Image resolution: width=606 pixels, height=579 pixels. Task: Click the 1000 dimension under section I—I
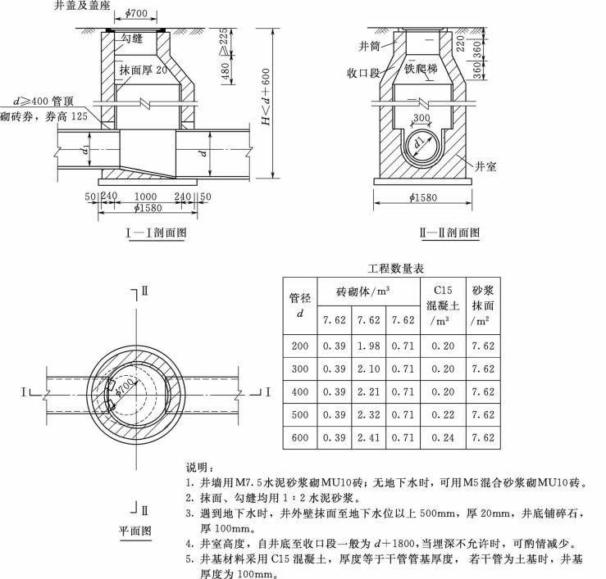point(146,197)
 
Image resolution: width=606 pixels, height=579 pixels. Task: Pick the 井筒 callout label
point(369,44)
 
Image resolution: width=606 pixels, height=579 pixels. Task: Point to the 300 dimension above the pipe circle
point(421,119)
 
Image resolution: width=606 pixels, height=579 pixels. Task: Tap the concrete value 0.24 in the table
point(444,437)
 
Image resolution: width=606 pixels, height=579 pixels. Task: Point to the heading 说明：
point(201,467)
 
